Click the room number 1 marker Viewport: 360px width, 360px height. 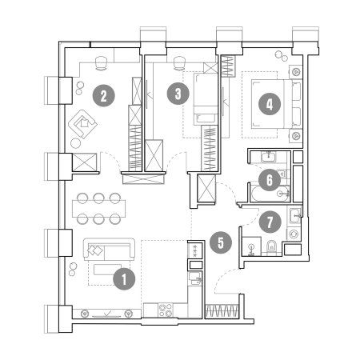(x=124, y=279)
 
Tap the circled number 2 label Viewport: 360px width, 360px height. (x=103, y=95)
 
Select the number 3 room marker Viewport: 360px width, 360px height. (x=178, y=94)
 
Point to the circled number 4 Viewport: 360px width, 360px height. (x=270, y=104)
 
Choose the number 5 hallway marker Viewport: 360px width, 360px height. (x=221, y=242)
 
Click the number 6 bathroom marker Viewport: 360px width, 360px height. (x=270, y=180)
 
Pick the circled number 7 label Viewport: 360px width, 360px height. (x=270, y=222)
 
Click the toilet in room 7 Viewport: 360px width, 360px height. (x=271, y=247)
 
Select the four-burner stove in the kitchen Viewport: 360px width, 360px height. (x=166, y=310)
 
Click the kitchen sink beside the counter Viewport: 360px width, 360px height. (x=194, y=278)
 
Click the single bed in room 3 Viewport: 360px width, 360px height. (x=206, y=99)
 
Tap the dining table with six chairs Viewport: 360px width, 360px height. (x=98, y=209)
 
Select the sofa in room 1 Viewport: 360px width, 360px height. (x=109, y=250)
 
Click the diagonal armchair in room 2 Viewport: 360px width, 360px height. (x=82, y=124)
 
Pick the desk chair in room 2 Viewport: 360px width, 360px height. (x=101, y=63)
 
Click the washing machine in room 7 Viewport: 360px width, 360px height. (x=294, y=234)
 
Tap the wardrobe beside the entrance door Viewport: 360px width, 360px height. (x=222, y=311)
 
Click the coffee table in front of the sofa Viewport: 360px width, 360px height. (x=108, y=270)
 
